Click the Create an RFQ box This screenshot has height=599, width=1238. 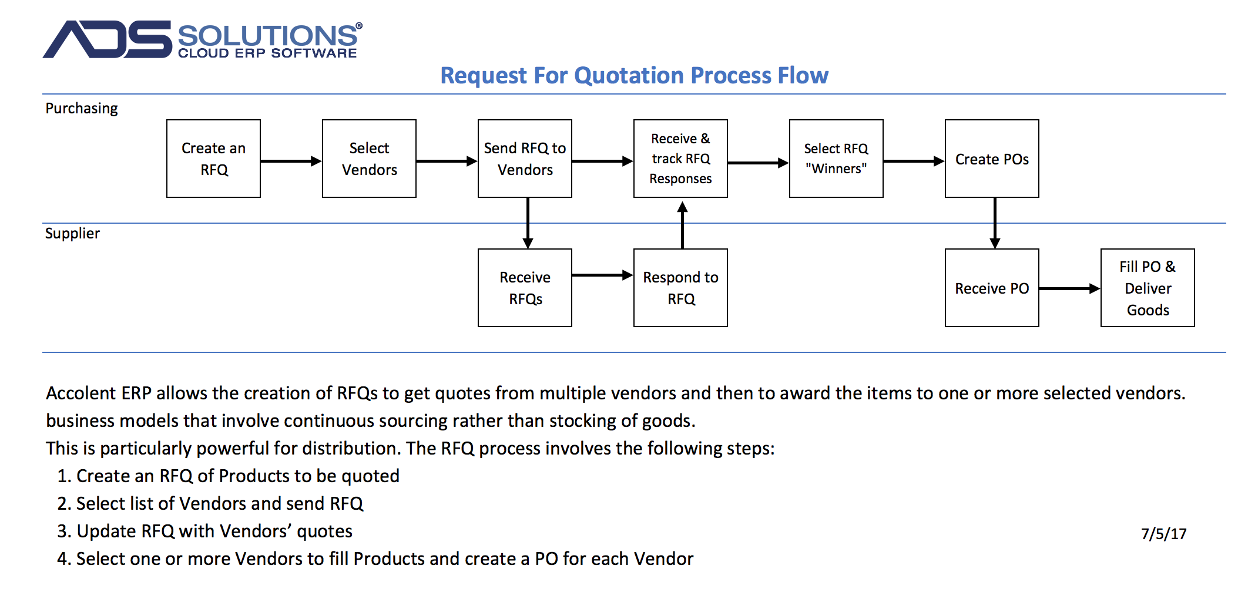(213, 159)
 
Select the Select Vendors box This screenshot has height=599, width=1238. (369, 159)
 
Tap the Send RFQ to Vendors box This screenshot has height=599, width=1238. (525, 159)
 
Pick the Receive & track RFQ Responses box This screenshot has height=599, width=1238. (680, 159)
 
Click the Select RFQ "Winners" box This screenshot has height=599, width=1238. (836, 159)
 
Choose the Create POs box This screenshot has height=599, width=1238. (992, 159)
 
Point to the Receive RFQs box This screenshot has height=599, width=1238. (525, 288)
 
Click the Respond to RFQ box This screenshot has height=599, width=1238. (680, 288)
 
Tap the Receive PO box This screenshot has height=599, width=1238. (992, 288)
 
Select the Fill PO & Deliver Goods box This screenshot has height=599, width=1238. (1148, 288)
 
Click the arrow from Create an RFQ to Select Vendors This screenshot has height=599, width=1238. (291, 161)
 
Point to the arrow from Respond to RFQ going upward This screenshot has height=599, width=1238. (682, 225)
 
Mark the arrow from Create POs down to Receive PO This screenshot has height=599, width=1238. (995, 223)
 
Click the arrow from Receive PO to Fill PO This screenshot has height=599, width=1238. (1070, 288)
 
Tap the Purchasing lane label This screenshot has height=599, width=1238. (82, 109)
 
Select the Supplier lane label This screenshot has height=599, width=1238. (72, 233)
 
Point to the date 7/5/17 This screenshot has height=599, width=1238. (1163, 533)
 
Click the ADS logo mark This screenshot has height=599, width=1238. (108, 39)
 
